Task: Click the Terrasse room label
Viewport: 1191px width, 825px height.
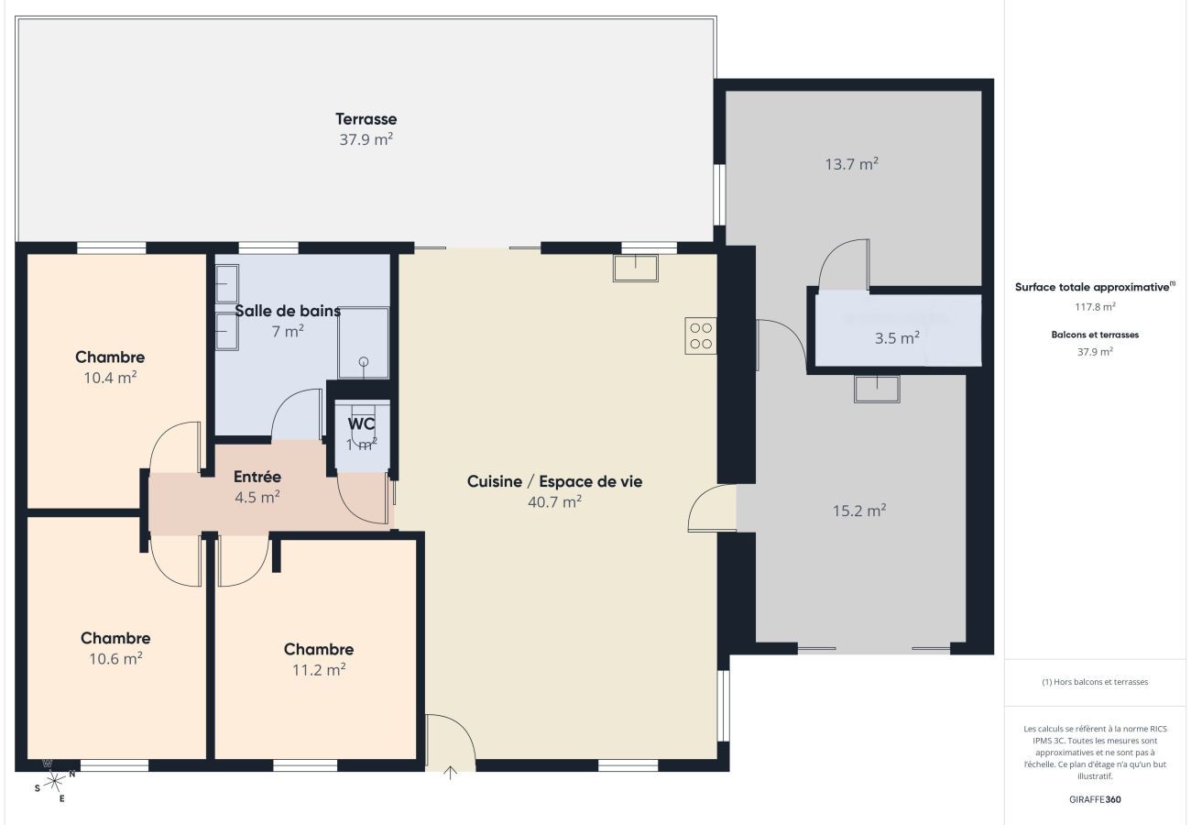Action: (x=366, y=119)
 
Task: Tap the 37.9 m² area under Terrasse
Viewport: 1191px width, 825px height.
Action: (x=366, y=140)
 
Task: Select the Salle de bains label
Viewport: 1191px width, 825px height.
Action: (x=288, y=311)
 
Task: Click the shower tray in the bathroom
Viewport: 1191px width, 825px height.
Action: (x=364, y=343)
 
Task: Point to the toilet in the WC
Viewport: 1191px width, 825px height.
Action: (x=363, y=423)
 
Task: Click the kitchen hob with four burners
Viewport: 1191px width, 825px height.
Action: (x=701, y=335)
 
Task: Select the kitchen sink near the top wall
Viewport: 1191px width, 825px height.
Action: (x=636, y=268)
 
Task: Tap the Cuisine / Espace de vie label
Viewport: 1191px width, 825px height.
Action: (x=554, y=481)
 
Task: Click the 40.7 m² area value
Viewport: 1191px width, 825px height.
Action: (x=554, y=502)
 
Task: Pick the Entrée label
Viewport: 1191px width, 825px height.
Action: (x=257, y=477)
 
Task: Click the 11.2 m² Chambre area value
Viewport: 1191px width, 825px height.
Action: (x=319, y=670)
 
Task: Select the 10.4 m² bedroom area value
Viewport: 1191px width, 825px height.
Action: (x=110, y=377)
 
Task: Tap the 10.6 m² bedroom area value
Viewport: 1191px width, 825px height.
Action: (x=115, y=658)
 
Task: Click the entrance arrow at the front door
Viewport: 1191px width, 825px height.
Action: (x=450, y=773)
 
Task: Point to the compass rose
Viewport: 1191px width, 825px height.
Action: (x=55, y=780)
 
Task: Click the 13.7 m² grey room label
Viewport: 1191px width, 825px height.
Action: (x=851, y=165)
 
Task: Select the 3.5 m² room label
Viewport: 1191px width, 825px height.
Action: (x=897, y=338)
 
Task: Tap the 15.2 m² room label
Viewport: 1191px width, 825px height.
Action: (x=858, y=511)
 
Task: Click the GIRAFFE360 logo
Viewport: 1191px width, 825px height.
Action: (x=1095, y=799)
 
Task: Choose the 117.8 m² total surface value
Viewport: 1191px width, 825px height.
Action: (x=1095, y=307)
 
